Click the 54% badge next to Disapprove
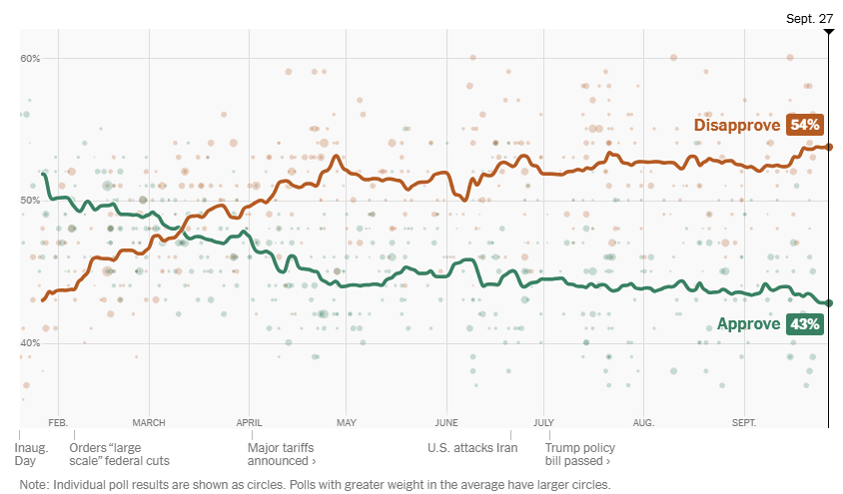(x=805, y=125)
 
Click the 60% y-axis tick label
(x=30, y=58)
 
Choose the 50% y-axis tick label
(x=30, y=201)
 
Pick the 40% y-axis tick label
(x=30, y=343)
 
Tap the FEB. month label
(x=58, y=422)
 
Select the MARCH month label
(x=149, y=422)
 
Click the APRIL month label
(x=250, y=422)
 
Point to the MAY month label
(x=346, y=422)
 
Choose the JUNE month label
(x=446, y=422)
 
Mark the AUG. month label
(x=643, y=422)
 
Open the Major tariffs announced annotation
(x=282, y=454)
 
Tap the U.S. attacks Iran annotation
(x=472, y=448)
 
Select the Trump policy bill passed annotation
(x=579, y=454)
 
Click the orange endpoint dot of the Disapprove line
(x=829, y=147)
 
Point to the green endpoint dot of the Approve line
(x=829, y=302)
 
